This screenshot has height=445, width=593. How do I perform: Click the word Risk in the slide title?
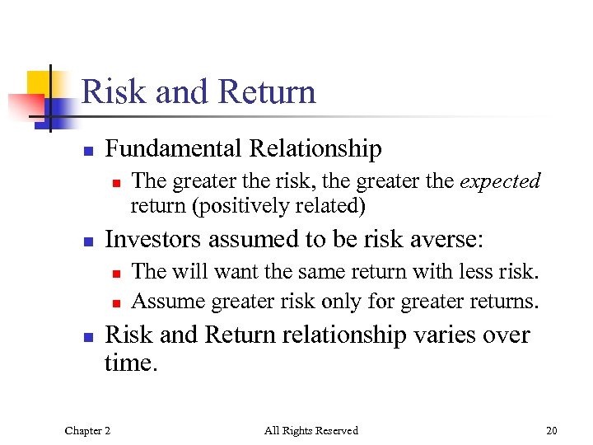113,91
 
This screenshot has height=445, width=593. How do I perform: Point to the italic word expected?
500,181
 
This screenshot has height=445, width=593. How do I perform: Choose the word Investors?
153,240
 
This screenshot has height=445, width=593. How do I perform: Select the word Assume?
168,302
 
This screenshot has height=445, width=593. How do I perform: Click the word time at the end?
129,363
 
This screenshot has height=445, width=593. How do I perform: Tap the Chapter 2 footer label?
86,430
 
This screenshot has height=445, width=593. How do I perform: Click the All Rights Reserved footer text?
311,430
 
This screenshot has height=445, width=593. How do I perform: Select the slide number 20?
551,430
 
